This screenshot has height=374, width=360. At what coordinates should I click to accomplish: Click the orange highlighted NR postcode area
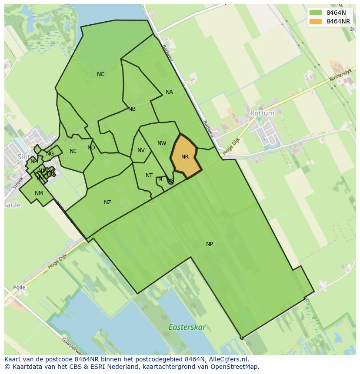(185, 157)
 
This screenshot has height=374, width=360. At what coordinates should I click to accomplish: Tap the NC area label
(100, 74)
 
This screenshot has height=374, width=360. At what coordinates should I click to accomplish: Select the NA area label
(169, 92)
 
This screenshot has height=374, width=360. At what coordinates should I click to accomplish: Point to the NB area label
(132, 109)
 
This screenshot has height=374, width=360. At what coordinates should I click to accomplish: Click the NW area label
(162, 143)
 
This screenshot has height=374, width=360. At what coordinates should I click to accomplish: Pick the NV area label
(141, 150)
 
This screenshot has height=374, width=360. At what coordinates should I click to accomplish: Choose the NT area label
(149, 175)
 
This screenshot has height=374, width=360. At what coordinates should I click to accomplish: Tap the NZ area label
(107, 202)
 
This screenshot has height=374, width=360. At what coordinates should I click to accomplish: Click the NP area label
(210, 244)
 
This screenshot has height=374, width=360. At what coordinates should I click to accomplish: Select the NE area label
(73, 151)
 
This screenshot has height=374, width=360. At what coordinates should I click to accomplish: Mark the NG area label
(50, 154)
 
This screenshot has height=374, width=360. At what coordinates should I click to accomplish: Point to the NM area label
(39, 193)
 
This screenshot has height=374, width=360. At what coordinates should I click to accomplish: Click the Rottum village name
(262, 113)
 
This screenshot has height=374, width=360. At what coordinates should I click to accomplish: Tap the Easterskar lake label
(187, 327)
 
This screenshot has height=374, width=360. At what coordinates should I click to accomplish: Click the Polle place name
(19, 288)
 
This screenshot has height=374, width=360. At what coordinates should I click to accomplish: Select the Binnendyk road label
(339, 75)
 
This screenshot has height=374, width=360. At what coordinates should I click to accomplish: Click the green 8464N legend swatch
(316, 13)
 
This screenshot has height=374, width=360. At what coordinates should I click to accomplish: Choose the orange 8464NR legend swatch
(316, 21)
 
